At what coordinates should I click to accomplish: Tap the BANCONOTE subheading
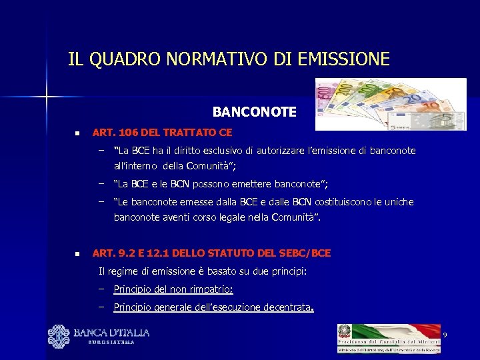pos(254,112)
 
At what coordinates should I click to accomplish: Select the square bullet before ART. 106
pos(77,134)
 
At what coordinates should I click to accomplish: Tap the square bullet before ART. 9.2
pos(77,254)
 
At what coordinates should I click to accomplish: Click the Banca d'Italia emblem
pos(59,337)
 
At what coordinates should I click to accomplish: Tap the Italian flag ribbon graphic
pos(393,331)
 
